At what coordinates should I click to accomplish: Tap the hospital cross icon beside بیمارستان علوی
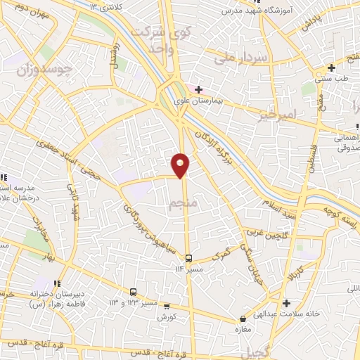point(199,89)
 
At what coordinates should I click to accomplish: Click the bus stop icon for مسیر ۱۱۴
point(188,258)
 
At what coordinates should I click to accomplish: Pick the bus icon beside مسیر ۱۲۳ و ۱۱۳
point(133,292)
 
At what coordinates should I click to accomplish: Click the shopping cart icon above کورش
point(167,306)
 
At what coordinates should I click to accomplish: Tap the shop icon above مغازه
point(243,319)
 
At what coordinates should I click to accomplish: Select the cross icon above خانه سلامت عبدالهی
point(286,304)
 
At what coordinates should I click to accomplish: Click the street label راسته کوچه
point(340,214)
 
